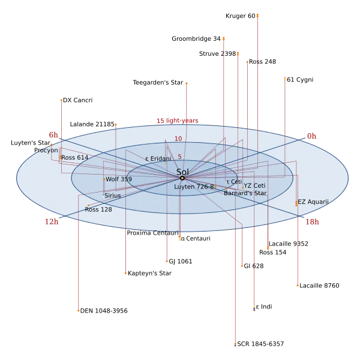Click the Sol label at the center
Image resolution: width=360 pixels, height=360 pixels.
click(182, 172)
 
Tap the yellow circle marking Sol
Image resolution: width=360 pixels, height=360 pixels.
click(182, 178)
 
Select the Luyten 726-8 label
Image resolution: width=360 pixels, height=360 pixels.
click(194, 187)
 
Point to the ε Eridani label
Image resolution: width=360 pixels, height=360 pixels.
click(158, 158)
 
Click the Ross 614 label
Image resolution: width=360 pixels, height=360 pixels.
click(75, 157)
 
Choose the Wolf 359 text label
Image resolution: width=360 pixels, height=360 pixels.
click(119, 179)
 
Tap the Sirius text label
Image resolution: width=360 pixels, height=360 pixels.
click(112, 196)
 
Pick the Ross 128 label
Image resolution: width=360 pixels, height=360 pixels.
click(98, 209)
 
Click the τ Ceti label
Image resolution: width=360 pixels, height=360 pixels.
click(235, 181)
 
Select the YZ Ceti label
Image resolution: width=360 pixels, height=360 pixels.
click(254, 186)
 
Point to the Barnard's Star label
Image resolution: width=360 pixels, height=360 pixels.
click(245, 193)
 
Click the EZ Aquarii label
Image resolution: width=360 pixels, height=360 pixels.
click(313, 202)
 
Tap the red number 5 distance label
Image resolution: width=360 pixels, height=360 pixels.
click(179, 157)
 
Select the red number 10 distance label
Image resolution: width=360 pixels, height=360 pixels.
click(178, 139)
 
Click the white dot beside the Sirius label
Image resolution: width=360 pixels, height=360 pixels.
click(103, 196)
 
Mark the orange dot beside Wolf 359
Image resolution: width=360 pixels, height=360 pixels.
click(104, 179)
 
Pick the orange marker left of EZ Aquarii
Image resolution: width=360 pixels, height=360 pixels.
click(296, 203)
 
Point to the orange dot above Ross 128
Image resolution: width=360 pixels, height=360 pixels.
click(89, 205)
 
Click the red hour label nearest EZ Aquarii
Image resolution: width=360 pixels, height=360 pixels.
click(313, 221)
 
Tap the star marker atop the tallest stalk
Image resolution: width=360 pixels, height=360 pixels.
click(257, 14)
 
